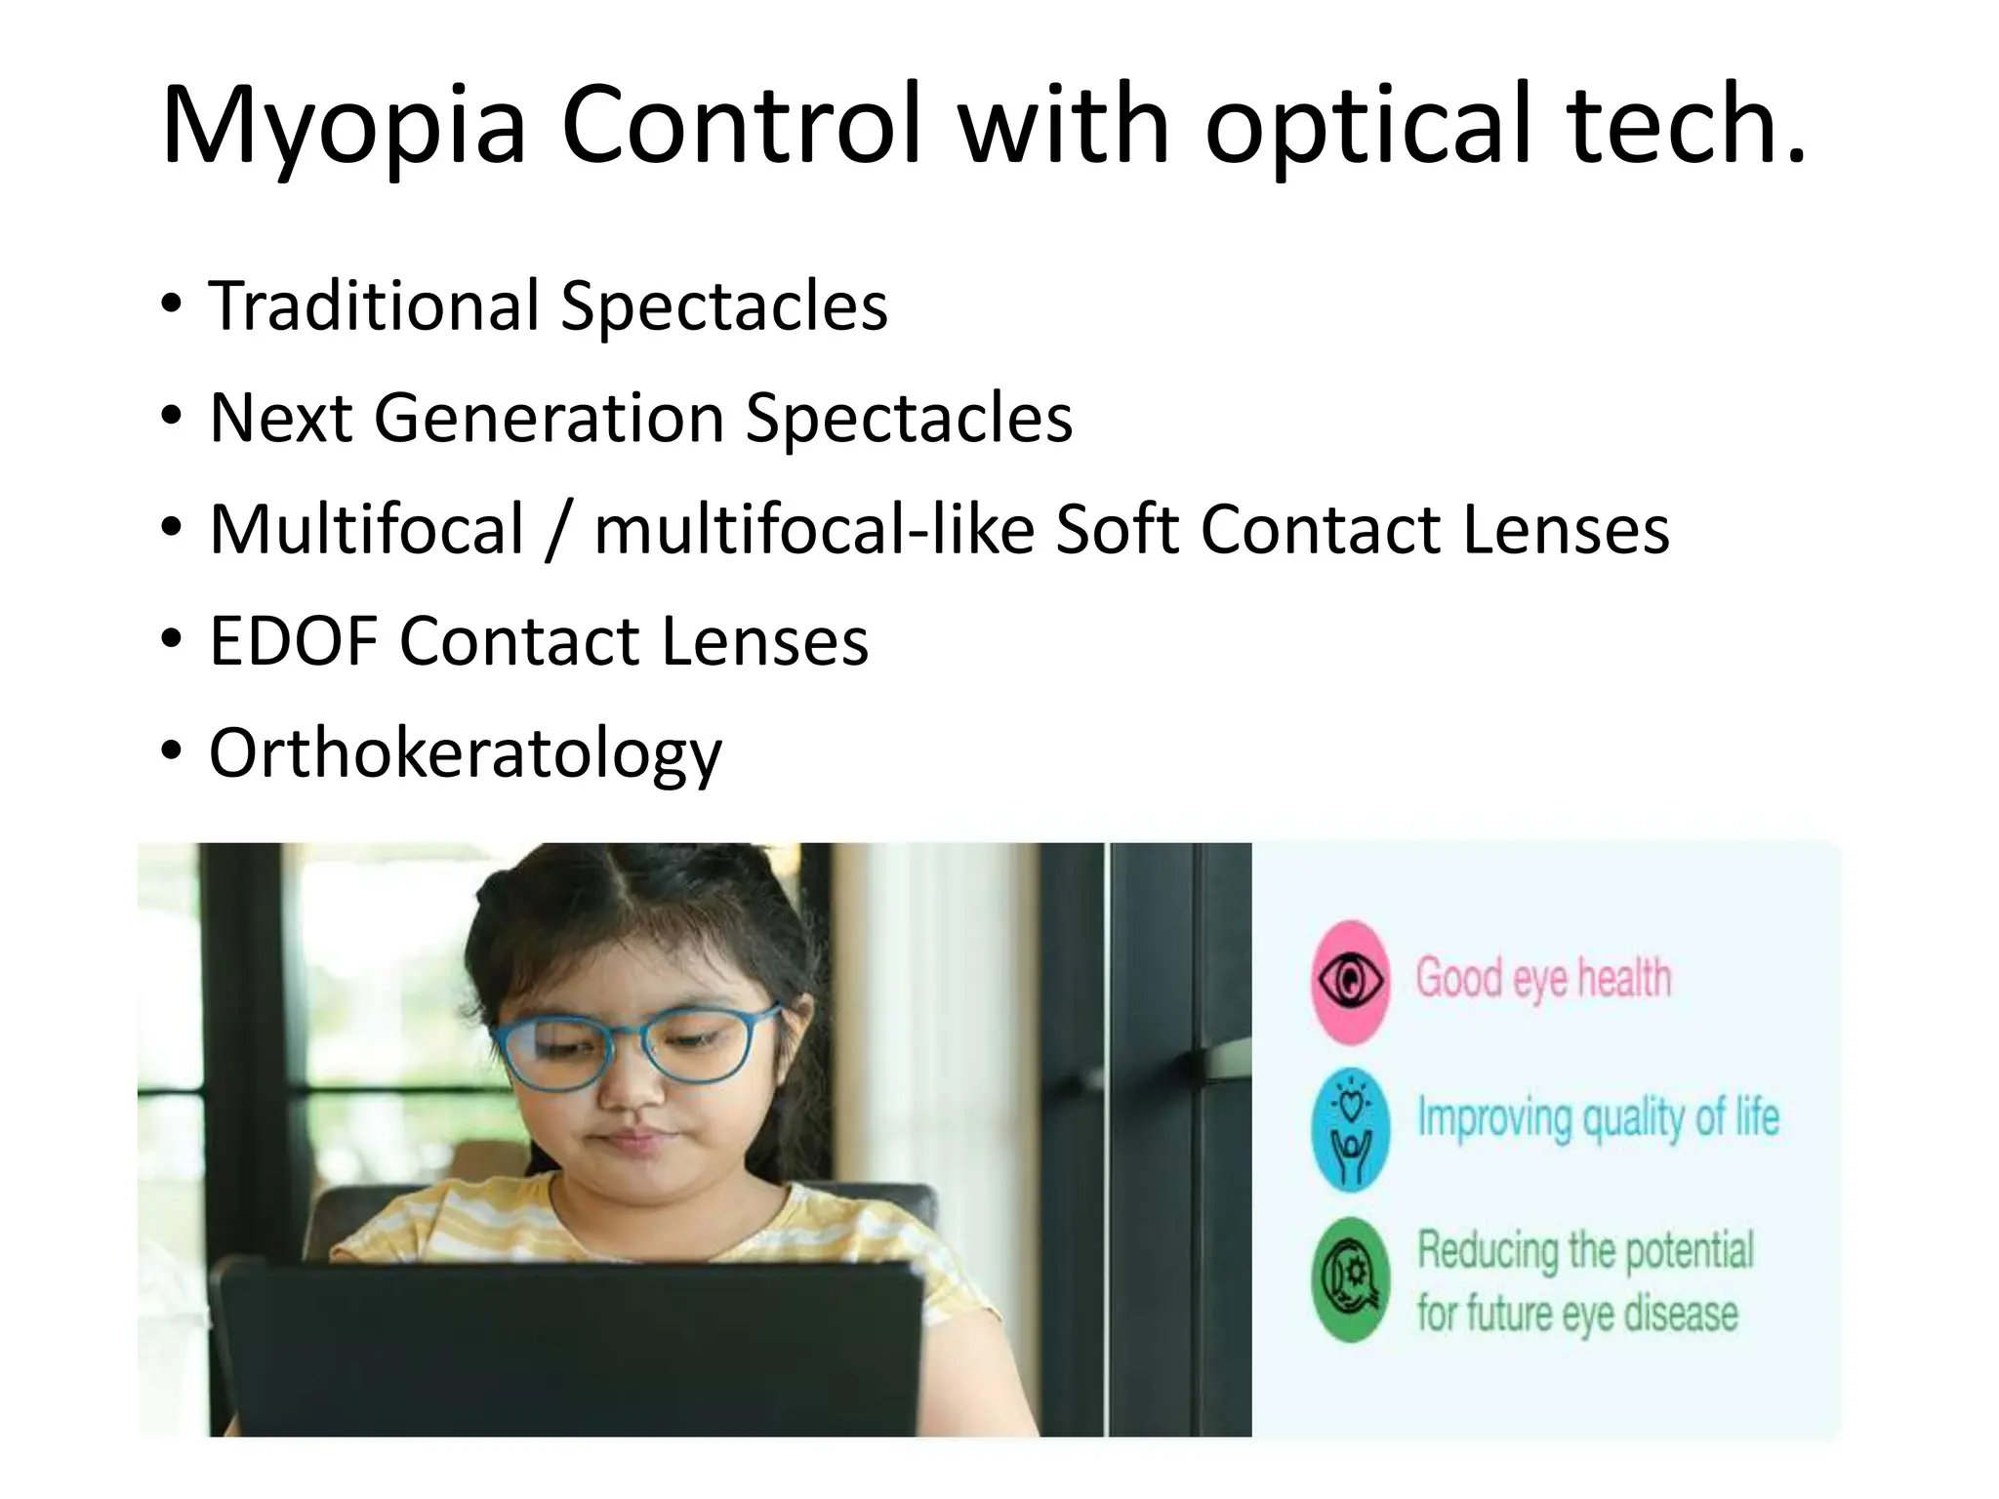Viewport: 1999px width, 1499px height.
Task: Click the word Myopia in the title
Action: pyautogui.click(x=344, y=125)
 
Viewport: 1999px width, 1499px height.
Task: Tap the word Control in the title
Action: pyautogui.click(x=742, y=125)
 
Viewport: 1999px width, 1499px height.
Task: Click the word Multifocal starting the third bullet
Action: pyautogui.click(x=367, y=529)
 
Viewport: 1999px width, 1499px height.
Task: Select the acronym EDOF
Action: pyautogui.click(x=293, y=641)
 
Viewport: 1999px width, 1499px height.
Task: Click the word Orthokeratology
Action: pyautogui.click(x=466, y=753)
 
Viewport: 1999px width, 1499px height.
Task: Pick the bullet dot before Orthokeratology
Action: pyautogui.click(x=172, y=751)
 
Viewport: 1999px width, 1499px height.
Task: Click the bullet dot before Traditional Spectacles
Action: pyautogui.click(x=172, y=304)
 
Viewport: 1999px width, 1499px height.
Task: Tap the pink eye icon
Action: pyautogui.click(x=1350, y=981)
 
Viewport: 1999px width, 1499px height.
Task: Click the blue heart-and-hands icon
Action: pyautogui.click(x=1351, y=1130)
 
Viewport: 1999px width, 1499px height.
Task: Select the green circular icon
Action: pyautogui.click(x=1351, y=1279)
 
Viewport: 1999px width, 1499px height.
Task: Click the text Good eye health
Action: pyautogui.click(x=1543, y=978)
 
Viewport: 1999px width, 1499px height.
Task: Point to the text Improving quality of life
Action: pyautogui.click(x=1598, y=1118)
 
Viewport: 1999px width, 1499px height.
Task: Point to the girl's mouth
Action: pyautogui.click(x=634, y=1138)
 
